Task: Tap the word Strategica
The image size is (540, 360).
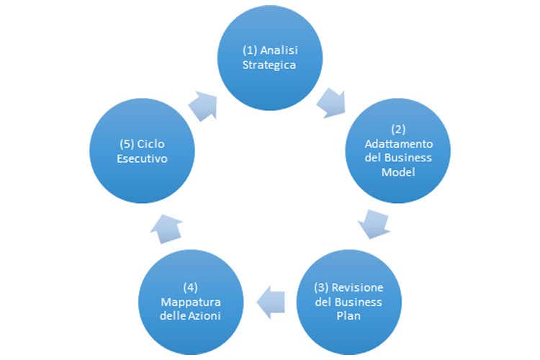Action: coord(270,65)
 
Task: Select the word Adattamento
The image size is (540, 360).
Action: coord(399,143)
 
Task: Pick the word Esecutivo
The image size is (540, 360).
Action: coord(142,159)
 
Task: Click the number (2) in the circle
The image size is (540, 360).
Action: coord(399,130)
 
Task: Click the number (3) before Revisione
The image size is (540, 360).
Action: coord(324,287)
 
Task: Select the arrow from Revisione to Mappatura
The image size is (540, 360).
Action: coord(271,301)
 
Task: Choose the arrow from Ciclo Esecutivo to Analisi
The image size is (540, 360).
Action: coord(203,107)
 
